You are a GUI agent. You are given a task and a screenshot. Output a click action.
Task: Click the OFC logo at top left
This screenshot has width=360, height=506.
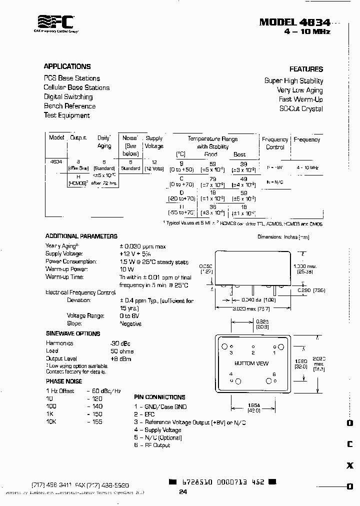[x=56, y=22]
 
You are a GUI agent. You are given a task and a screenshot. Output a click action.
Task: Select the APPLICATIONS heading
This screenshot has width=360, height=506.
[x=67, y=66]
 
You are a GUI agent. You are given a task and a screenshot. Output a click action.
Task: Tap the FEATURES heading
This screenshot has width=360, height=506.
[x=306, y=69]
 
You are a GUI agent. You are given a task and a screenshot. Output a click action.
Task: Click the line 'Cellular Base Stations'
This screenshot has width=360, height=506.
[x=76, y=87]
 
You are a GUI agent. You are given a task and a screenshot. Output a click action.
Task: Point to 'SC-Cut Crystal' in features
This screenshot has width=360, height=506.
[x=301, y=108]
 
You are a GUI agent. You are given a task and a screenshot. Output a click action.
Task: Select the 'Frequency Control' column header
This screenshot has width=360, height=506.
[x=275, y=143]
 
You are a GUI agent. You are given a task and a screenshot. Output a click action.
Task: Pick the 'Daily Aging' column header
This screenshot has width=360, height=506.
[x=104, y=141]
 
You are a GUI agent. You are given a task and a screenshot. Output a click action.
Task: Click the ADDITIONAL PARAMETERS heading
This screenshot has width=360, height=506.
[x=81, y=236]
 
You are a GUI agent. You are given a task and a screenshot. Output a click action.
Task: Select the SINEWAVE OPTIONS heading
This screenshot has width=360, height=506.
[x=73, y=333]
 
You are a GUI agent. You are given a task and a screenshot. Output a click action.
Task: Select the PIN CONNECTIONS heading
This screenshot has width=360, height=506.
[x=159, y=397]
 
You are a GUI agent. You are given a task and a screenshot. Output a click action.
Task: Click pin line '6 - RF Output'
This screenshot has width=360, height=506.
[x=152, y=445]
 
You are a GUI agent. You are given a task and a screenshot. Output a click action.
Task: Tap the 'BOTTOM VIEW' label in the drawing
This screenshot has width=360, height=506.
[x=251, y=363]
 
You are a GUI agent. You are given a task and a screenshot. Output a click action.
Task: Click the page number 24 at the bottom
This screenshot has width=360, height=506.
[x=183, y=492]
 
